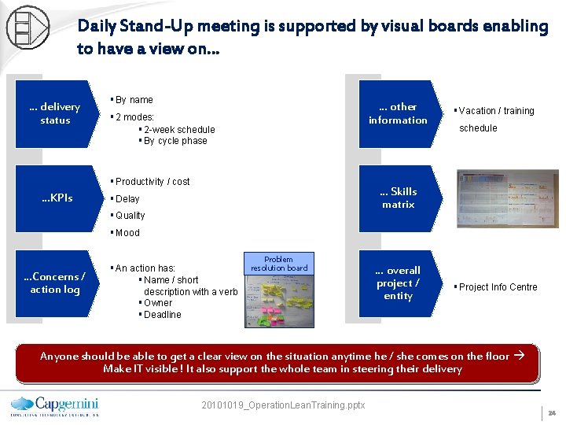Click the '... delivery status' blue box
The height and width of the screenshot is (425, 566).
[x=55, y=113]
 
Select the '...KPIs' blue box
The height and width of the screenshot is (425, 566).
[x=57, y=198]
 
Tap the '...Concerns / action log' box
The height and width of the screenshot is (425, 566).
[x=54, y=283]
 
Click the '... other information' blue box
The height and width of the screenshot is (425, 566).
[x=398, y=113]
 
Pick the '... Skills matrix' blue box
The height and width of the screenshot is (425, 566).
[x=398, y=198]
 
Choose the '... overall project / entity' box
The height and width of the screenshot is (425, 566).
[x=398, y=283]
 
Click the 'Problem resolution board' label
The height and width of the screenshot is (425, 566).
[x=278, y=264]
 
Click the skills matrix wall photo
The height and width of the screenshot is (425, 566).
[x=507, y=198]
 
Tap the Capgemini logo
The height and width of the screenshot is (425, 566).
[x=54, y=403]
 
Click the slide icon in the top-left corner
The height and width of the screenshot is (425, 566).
[x=27, y=26]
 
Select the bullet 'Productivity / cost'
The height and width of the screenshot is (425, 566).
[x=153, y=182]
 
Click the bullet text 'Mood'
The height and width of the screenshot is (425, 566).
[x=127, y=233]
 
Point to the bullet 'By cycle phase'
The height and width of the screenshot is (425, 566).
[x=175, y=141]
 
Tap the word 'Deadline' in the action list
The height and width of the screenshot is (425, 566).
[x=162, y=315]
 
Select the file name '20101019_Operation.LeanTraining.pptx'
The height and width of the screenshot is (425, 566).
[x=283, y=405]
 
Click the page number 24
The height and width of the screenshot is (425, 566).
[x=552, y=412]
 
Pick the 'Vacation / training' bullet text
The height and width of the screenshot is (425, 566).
[x=496, y=111]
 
